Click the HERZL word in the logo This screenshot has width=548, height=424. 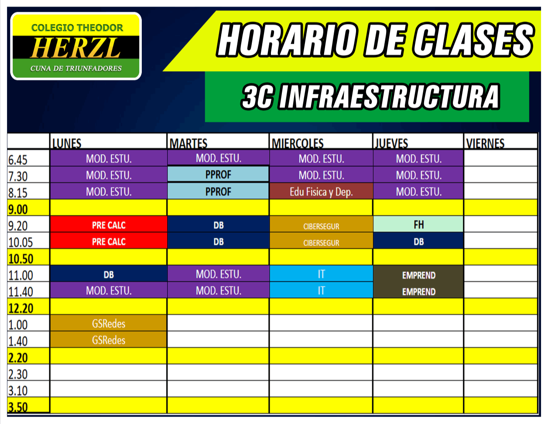coord(75,48)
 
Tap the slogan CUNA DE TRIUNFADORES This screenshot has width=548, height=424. coord(76,69)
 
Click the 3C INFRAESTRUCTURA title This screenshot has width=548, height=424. coord(370,97)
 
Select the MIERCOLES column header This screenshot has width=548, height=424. coord(297,143)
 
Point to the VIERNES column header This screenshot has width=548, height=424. coord(485,143)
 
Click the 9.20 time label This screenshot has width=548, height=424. coord(17,226)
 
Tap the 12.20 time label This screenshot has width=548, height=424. coord(21,308)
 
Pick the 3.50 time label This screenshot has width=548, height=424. coord(17,407)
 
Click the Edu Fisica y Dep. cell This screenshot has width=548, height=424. coord(321,192)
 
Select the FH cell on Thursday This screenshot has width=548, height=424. coord(418,224)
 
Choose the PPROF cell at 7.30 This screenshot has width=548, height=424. coord(218,174)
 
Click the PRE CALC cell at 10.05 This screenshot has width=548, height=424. coord(109,241)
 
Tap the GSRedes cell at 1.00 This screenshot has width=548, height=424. coord(109,323)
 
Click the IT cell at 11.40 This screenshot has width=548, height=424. coord(321,290)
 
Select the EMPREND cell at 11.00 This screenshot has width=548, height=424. coord(418,275)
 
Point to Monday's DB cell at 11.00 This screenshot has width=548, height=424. coord(109,274)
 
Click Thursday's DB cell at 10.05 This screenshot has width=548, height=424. coord(418,241)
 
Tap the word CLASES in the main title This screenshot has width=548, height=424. coord(474,40)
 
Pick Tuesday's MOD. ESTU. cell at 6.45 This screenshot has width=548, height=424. coord(219,158)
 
